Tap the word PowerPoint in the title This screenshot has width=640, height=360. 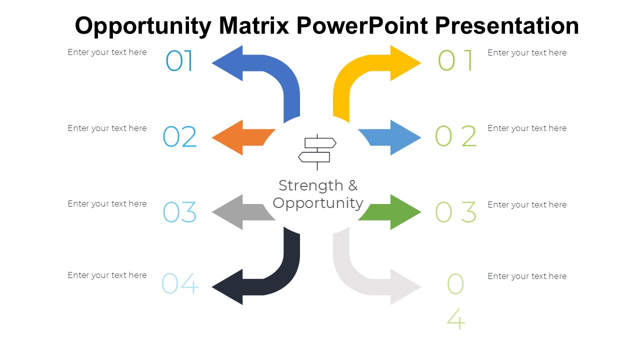[x=362, y=25]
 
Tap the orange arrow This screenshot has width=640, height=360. [x=240, y=137]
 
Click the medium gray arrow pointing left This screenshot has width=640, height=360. [x=240, y=212]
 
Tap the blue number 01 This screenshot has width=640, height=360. [x=179, y=61]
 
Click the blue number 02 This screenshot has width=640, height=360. [x=180, y=137]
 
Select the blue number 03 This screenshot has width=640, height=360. [x=180, y=212]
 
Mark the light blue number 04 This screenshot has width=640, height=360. [x=180, y=283]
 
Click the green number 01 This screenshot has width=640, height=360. [x=455, y=61]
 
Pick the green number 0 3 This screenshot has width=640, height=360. [x=455, y=212]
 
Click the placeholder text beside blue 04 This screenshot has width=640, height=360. [x=107, y=275]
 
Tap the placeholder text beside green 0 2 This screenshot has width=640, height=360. [x=527, y=128]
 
